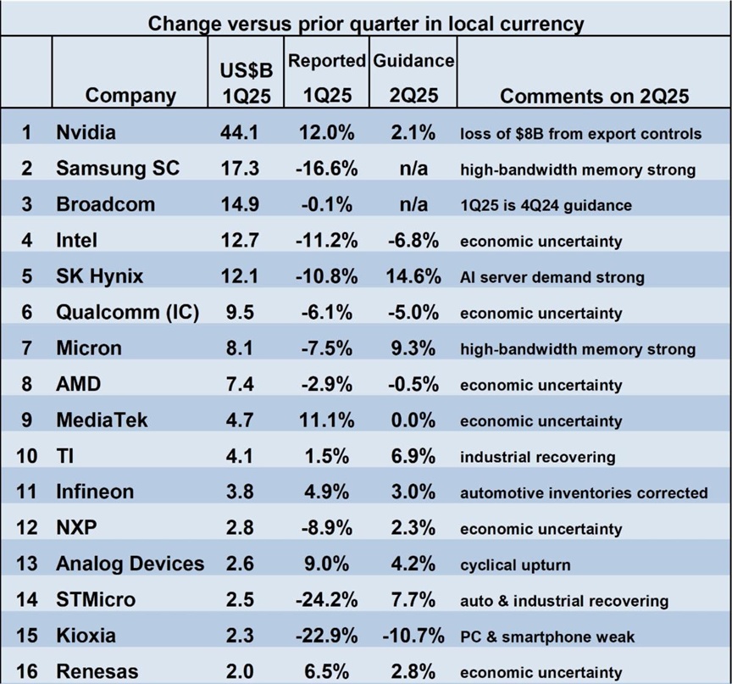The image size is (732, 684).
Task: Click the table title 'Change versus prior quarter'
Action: click(366, 23)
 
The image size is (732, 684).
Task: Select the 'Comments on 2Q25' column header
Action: click(594, 96)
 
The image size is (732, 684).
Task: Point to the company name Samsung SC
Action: click(118, 169)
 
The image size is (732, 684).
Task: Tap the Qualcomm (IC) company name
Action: click(127, 313)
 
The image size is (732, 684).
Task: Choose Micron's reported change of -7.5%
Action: click(327, 348)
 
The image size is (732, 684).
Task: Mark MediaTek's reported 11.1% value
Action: click(327, 420)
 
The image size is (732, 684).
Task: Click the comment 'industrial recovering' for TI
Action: click(537, 457)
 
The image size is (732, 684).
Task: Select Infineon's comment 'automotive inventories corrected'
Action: click(584, 492)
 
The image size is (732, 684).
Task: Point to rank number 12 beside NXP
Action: click(27, 528)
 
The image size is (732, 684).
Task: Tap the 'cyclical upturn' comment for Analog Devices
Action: click(515, 564)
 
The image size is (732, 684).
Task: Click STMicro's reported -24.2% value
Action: click(327, 600)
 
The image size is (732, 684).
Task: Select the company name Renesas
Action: click(97, 671)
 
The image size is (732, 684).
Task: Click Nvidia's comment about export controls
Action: click(580, 133)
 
